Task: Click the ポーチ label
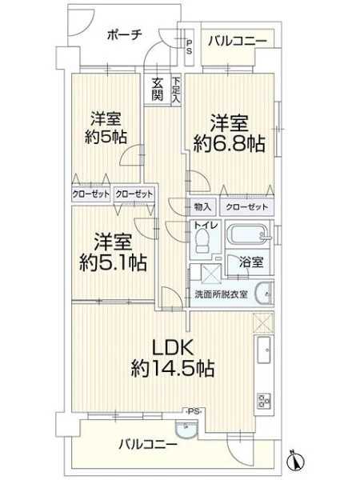point(125,35)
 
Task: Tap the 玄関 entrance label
point(158,89)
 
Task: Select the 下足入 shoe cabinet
point(176,90)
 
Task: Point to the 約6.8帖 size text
point(229,143)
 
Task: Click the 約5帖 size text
point(106,137)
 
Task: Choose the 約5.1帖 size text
point(113,262)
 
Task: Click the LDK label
point(173,348)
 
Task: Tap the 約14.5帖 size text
point(173,368)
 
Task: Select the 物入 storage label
point(202,207)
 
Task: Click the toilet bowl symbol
point(201,241)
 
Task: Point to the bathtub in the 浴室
point(248,234)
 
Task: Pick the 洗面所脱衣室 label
point(221,294)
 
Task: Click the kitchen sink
point(263,350)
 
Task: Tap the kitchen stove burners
point(264,401)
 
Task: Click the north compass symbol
point(296,460)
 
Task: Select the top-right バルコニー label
point(238,41)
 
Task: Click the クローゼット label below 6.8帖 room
point(246,207)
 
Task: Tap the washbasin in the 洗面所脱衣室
point(264,294)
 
